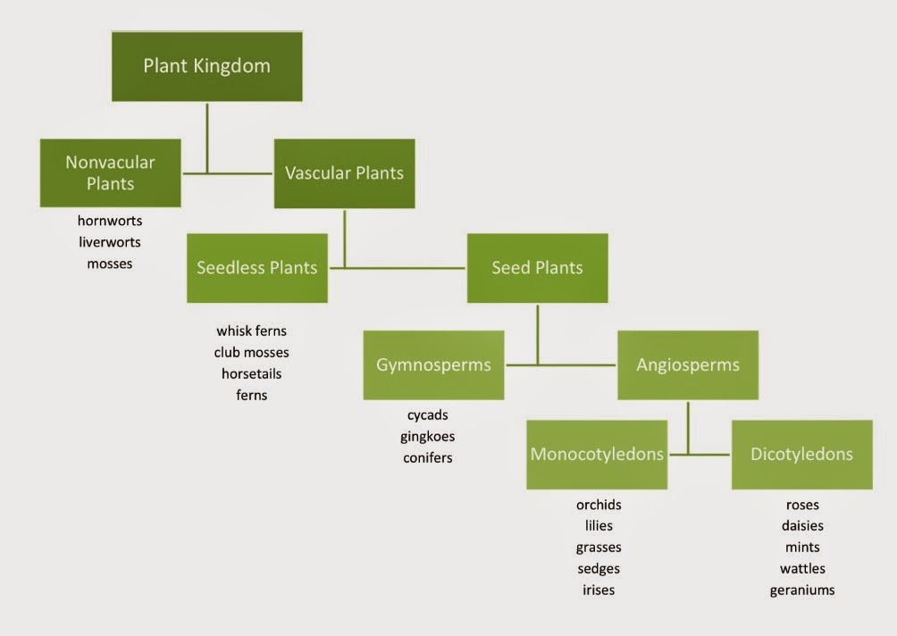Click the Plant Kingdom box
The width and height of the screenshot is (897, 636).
(x=206, y=66)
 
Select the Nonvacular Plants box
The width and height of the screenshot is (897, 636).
(x=110, y=173)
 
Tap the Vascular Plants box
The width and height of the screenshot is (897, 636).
(x=344, y=173)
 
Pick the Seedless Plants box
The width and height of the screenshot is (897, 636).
(x=256, y=268)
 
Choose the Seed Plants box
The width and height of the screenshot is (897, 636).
(x=537, y=268)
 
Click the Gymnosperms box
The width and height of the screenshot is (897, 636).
(x=433, y=364)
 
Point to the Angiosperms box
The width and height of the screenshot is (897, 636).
(x=688, y=364)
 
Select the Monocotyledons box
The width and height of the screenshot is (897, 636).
(x=597, y=454)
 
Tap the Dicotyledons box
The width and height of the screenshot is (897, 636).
(x=801, y=454)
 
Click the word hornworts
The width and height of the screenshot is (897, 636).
(x=110, y=220)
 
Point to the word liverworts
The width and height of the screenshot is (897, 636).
(x=110, y=241)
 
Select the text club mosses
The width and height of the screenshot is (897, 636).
(x=252, y=352)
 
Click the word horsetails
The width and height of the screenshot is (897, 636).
(x=252, y=373)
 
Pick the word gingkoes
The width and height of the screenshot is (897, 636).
(x=428, y=436)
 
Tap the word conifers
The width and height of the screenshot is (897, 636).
(x=428, y=457)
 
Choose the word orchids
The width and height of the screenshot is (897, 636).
(x=599, y=505)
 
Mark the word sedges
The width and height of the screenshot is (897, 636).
(x=599, y=568)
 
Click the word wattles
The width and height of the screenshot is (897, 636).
(x=802, y=568)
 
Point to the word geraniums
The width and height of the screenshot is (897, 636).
(x=802, y=590)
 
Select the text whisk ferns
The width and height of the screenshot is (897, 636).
(x=252, y=331)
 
